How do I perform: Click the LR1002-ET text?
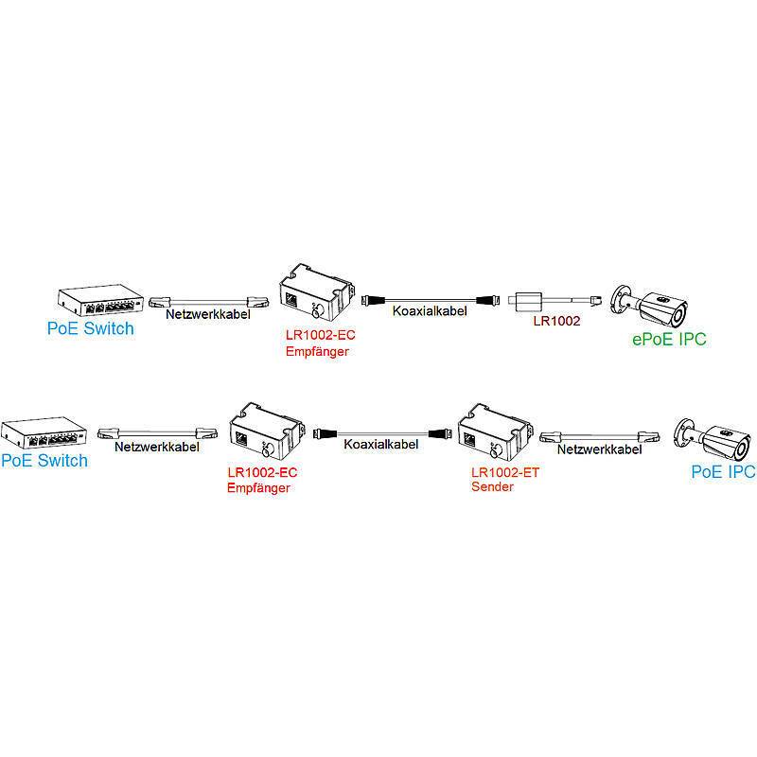(x=504, y=472)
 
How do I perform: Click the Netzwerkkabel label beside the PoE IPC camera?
(x=594, y=450)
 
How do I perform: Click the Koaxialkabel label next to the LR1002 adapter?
(x=429, y=309)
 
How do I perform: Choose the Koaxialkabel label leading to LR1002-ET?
(x=380, y=443)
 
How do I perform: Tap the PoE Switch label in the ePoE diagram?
(x=91, y=328)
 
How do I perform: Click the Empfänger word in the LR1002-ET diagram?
(x=258, y=488)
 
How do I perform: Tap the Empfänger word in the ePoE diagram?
(x=317, y=350)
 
